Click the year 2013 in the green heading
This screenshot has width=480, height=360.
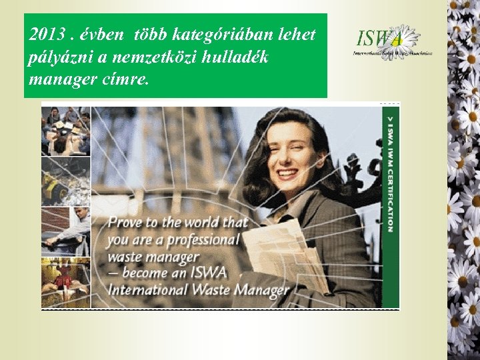45,35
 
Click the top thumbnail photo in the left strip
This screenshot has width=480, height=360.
65,131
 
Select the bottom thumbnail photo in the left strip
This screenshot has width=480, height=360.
65,283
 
